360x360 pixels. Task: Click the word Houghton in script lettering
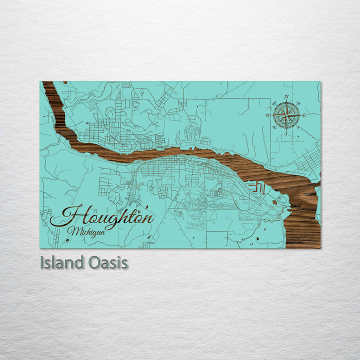tap(102, 216)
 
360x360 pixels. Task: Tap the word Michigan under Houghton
tap(87, 231)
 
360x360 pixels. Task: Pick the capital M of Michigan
tap(74, 231)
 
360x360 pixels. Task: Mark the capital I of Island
tap(42, 262)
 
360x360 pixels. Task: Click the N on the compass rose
tap(286, 96)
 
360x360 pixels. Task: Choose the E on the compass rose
tap(304, 115)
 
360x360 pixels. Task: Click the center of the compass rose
tap(286, 115)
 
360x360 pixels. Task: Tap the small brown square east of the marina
tap(275, 201)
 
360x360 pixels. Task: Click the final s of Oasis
tap(124, 263)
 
